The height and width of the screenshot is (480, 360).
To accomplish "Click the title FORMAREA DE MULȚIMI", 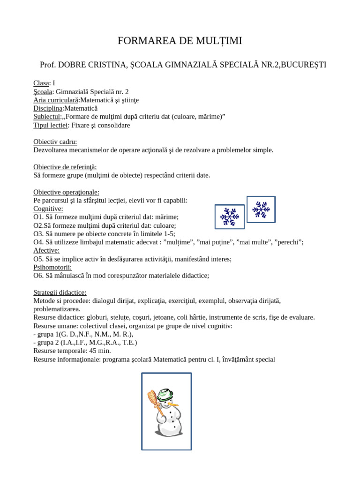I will pos(180,41).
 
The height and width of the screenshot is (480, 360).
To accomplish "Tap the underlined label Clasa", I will pos(41,83).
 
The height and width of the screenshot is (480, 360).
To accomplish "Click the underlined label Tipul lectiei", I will pos(51,125).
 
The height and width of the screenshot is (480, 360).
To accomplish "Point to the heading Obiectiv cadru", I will pos(55,142).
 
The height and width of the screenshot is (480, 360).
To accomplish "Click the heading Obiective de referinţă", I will pos(65,167).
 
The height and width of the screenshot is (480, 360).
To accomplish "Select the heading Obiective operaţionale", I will pos(66,192).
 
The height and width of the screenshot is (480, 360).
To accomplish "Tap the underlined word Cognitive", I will pos(48,209).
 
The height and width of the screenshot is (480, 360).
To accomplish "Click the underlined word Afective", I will pos(46,250).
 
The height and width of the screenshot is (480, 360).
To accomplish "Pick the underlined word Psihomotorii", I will pos(52,267).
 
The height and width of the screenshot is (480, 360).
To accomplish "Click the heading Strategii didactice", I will pos(60,292).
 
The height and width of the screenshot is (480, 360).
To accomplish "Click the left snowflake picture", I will pos(229,217).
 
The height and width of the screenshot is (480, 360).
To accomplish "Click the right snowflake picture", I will pos(261,209).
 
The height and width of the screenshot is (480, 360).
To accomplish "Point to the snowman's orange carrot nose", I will pos(173,403).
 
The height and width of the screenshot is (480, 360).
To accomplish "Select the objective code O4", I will pos(38,242).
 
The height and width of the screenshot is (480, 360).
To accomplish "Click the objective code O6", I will pos(38,276).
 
